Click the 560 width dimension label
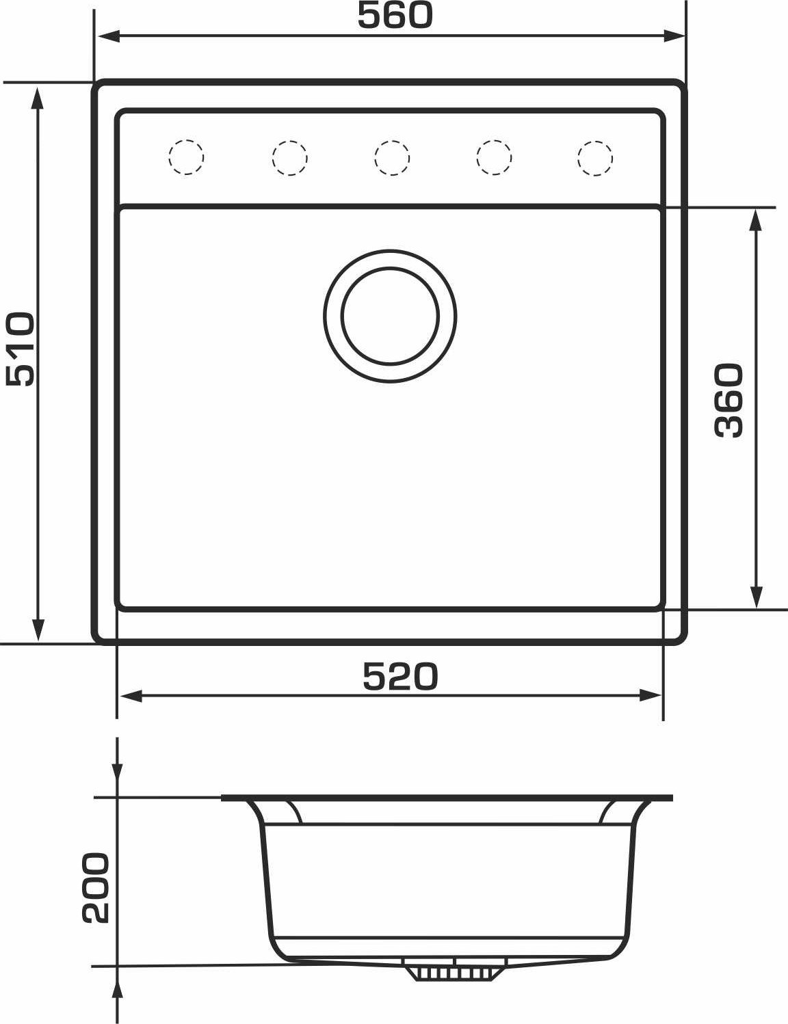point(395,15)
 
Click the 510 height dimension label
point(21,349)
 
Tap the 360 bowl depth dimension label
point(728,401)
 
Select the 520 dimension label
point(400,676)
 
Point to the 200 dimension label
point(96,887)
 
